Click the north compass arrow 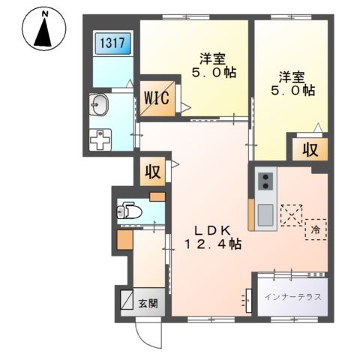[x=43, y=33]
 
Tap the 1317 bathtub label [x=112, y=43]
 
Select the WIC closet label [x=157, y=98]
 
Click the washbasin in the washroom [x=98, y=105]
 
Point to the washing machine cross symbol [x=100, y=139]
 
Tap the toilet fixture [x=129, y=212]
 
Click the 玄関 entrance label [x=148, y=304]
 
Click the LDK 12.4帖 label [x=213, y=238]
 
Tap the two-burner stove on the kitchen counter [x=265, y=181]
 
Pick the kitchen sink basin [x=265, y=214]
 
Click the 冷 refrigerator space [x=316, y=229]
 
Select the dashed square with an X [x=292, y=215]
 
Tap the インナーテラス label [x=292, y=297]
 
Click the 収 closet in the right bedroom [x=310, y=149]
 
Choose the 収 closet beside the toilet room [x=152, y=172]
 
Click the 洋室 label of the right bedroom [x=292, y=77]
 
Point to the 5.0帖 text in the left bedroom [x=214, y=72]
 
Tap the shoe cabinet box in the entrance [x=127, y=299]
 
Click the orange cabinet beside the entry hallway [x=124, y=240]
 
